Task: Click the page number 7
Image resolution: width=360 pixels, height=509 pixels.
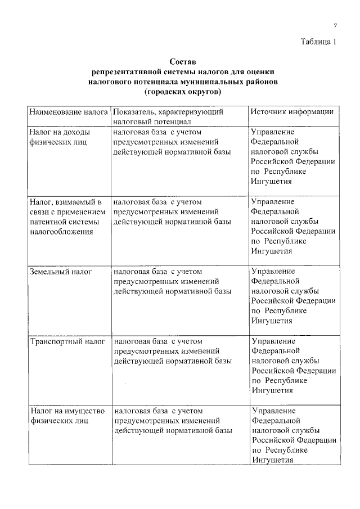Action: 335,26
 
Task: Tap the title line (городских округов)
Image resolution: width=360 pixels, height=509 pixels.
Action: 183,92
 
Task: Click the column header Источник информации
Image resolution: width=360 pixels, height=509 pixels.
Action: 292,112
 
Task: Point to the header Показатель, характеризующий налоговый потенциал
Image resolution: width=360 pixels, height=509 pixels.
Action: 169,116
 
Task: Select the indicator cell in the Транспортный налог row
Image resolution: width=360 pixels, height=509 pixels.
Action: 172,351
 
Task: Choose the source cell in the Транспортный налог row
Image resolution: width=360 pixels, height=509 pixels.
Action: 293,366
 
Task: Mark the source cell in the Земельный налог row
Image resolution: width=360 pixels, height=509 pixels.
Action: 293,296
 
